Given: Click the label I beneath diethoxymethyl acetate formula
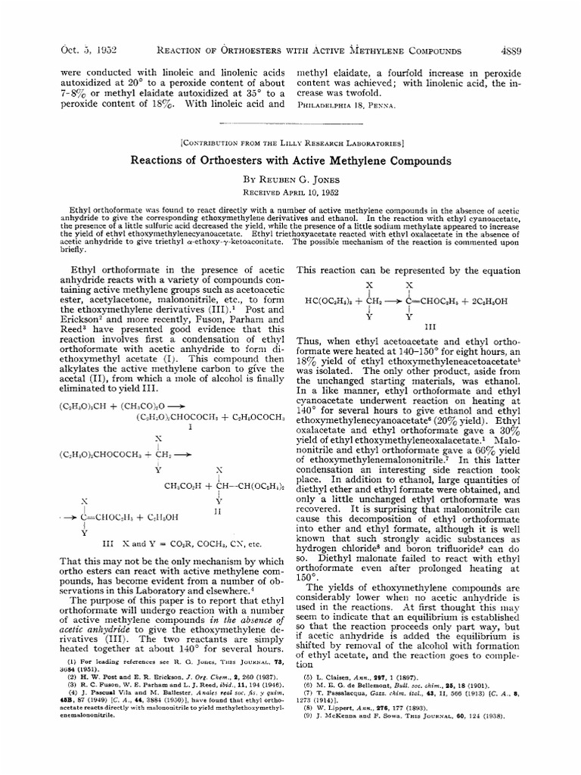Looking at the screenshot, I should (x=190, y=426).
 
